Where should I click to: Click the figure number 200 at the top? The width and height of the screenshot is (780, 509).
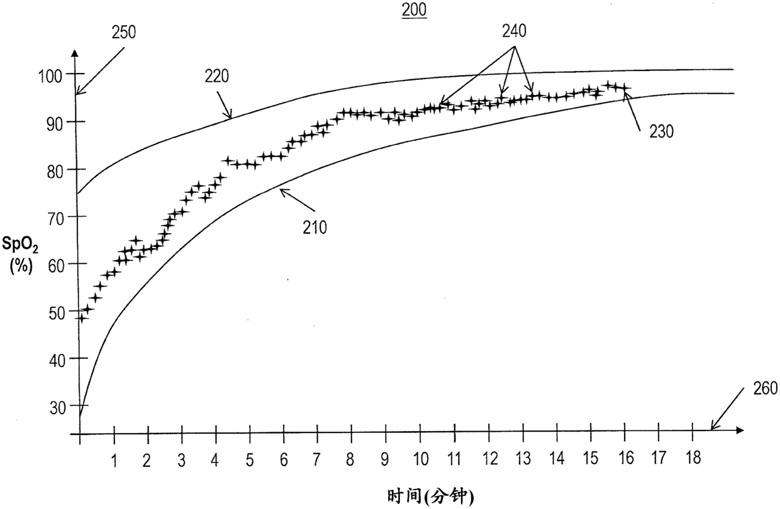[414, 10]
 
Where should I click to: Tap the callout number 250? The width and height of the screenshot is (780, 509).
[124, 32]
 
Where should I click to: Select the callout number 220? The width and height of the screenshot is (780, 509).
[216, 76]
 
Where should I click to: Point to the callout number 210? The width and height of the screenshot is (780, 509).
[315, 227]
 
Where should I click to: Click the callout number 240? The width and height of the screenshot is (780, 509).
[514, 31]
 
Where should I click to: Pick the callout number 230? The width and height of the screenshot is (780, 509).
[662, 131]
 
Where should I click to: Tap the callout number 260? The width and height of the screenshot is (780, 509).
[766, 388]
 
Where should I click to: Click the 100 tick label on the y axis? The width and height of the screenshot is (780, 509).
[50, 76]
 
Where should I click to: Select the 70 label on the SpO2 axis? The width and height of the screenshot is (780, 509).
[55, 219]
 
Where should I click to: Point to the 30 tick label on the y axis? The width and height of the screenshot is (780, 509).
[57, 408]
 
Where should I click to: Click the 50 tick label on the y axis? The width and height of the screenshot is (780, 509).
[57, 314]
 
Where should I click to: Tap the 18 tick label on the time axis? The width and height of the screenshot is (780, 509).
[693, 458]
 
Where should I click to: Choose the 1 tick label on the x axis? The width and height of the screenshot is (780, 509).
[114, 461]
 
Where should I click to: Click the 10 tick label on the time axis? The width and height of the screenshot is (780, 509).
[421, 459]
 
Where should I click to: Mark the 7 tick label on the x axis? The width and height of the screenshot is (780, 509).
[316, 459]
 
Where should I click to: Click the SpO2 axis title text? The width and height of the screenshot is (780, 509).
[20, 244]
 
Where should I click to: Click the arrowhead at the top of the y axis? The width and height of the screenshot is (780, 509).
[74, 52]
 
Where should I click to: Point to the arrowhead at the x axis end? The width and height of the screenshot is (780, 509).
[740, 430]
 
